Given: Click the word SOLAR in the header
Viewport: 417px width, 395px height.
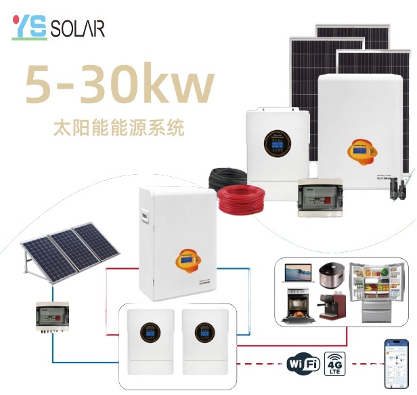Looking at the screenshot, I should pyautogui.click(x=79, y=28).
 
